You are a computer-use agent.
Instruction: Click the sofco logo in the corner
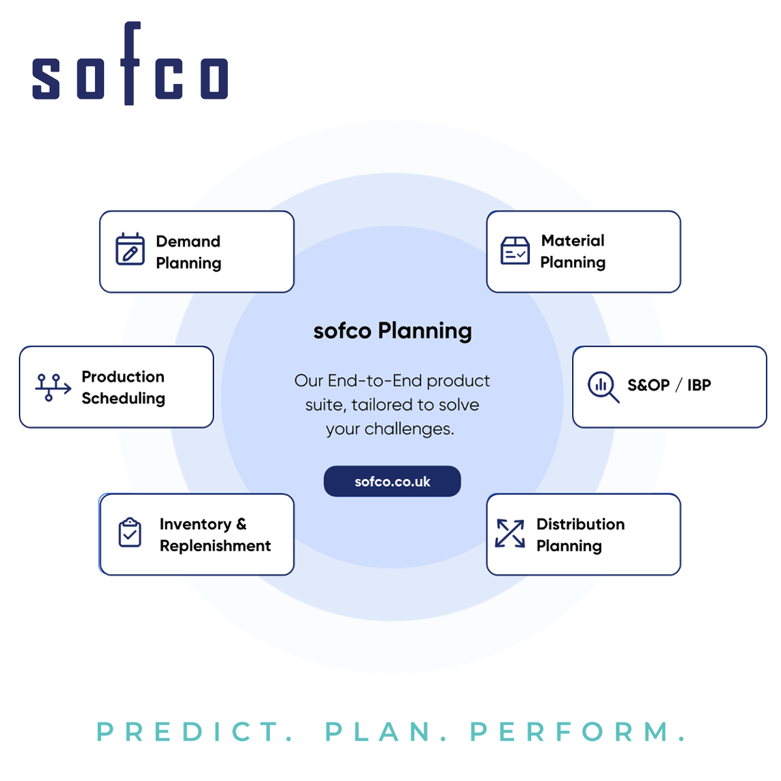[130, 63]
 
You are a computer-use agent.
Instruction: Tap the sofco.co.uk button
[392, 481]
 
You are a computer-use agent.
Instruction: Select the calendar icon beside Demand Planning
[130, 249]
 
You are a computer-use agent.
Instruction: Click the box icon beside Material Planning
[515, 251]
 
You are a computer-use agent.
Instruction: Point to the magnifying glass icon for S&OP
[603, 387]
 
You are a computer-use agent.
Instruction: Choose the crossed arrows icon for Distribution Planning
[510, 534]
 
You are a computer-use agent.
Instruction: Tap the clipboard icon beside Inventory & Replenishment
[130, 532]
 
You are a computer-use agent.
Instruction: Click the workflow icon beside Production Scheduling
[53, 387]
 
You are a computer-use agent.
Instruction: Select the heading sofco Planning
[392, 331]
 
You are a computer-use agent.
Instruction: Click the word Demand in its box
[188, 241]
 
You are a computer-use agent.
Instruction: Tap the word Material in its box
[573, 241]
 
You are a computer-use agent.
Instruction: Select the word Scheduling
[123, 399]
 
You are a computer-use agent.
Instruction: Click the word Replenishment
[215, 546]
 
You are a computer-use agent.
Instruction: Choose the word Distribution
[581, 524]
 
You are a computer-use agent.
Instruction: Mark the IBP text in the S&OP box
[699, 385]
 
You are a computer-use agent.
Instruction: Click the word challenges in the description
[409, 429]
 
